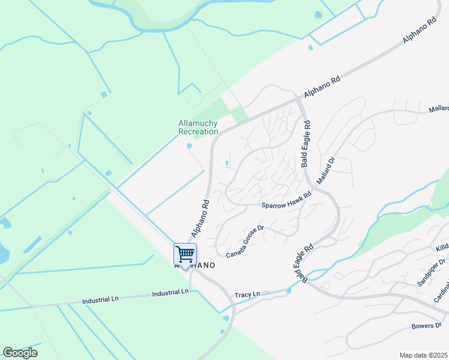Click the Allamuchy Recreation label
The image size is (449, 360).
[x=198, y=127]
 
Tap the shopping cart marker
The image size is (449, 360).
[x=185, y=254]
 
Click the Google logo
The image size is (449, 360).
[x=20, y=352]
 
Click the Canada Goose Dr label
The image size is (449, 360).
[x=246, y=241]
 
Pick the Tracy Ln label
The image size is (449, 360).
[x=248, y=295]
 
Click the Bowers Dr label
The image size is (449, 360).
[x=426, y=326]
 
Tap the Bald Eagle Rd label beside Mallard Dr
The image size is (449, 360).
[x=307, y=144]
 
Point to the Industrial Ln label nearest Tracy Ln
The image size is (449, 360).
[x=170, y=292]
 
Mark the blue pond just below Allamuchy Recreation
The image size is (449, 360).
[x=190, y=146]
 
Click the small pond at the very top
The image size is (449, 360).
[x=318, y=14]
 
